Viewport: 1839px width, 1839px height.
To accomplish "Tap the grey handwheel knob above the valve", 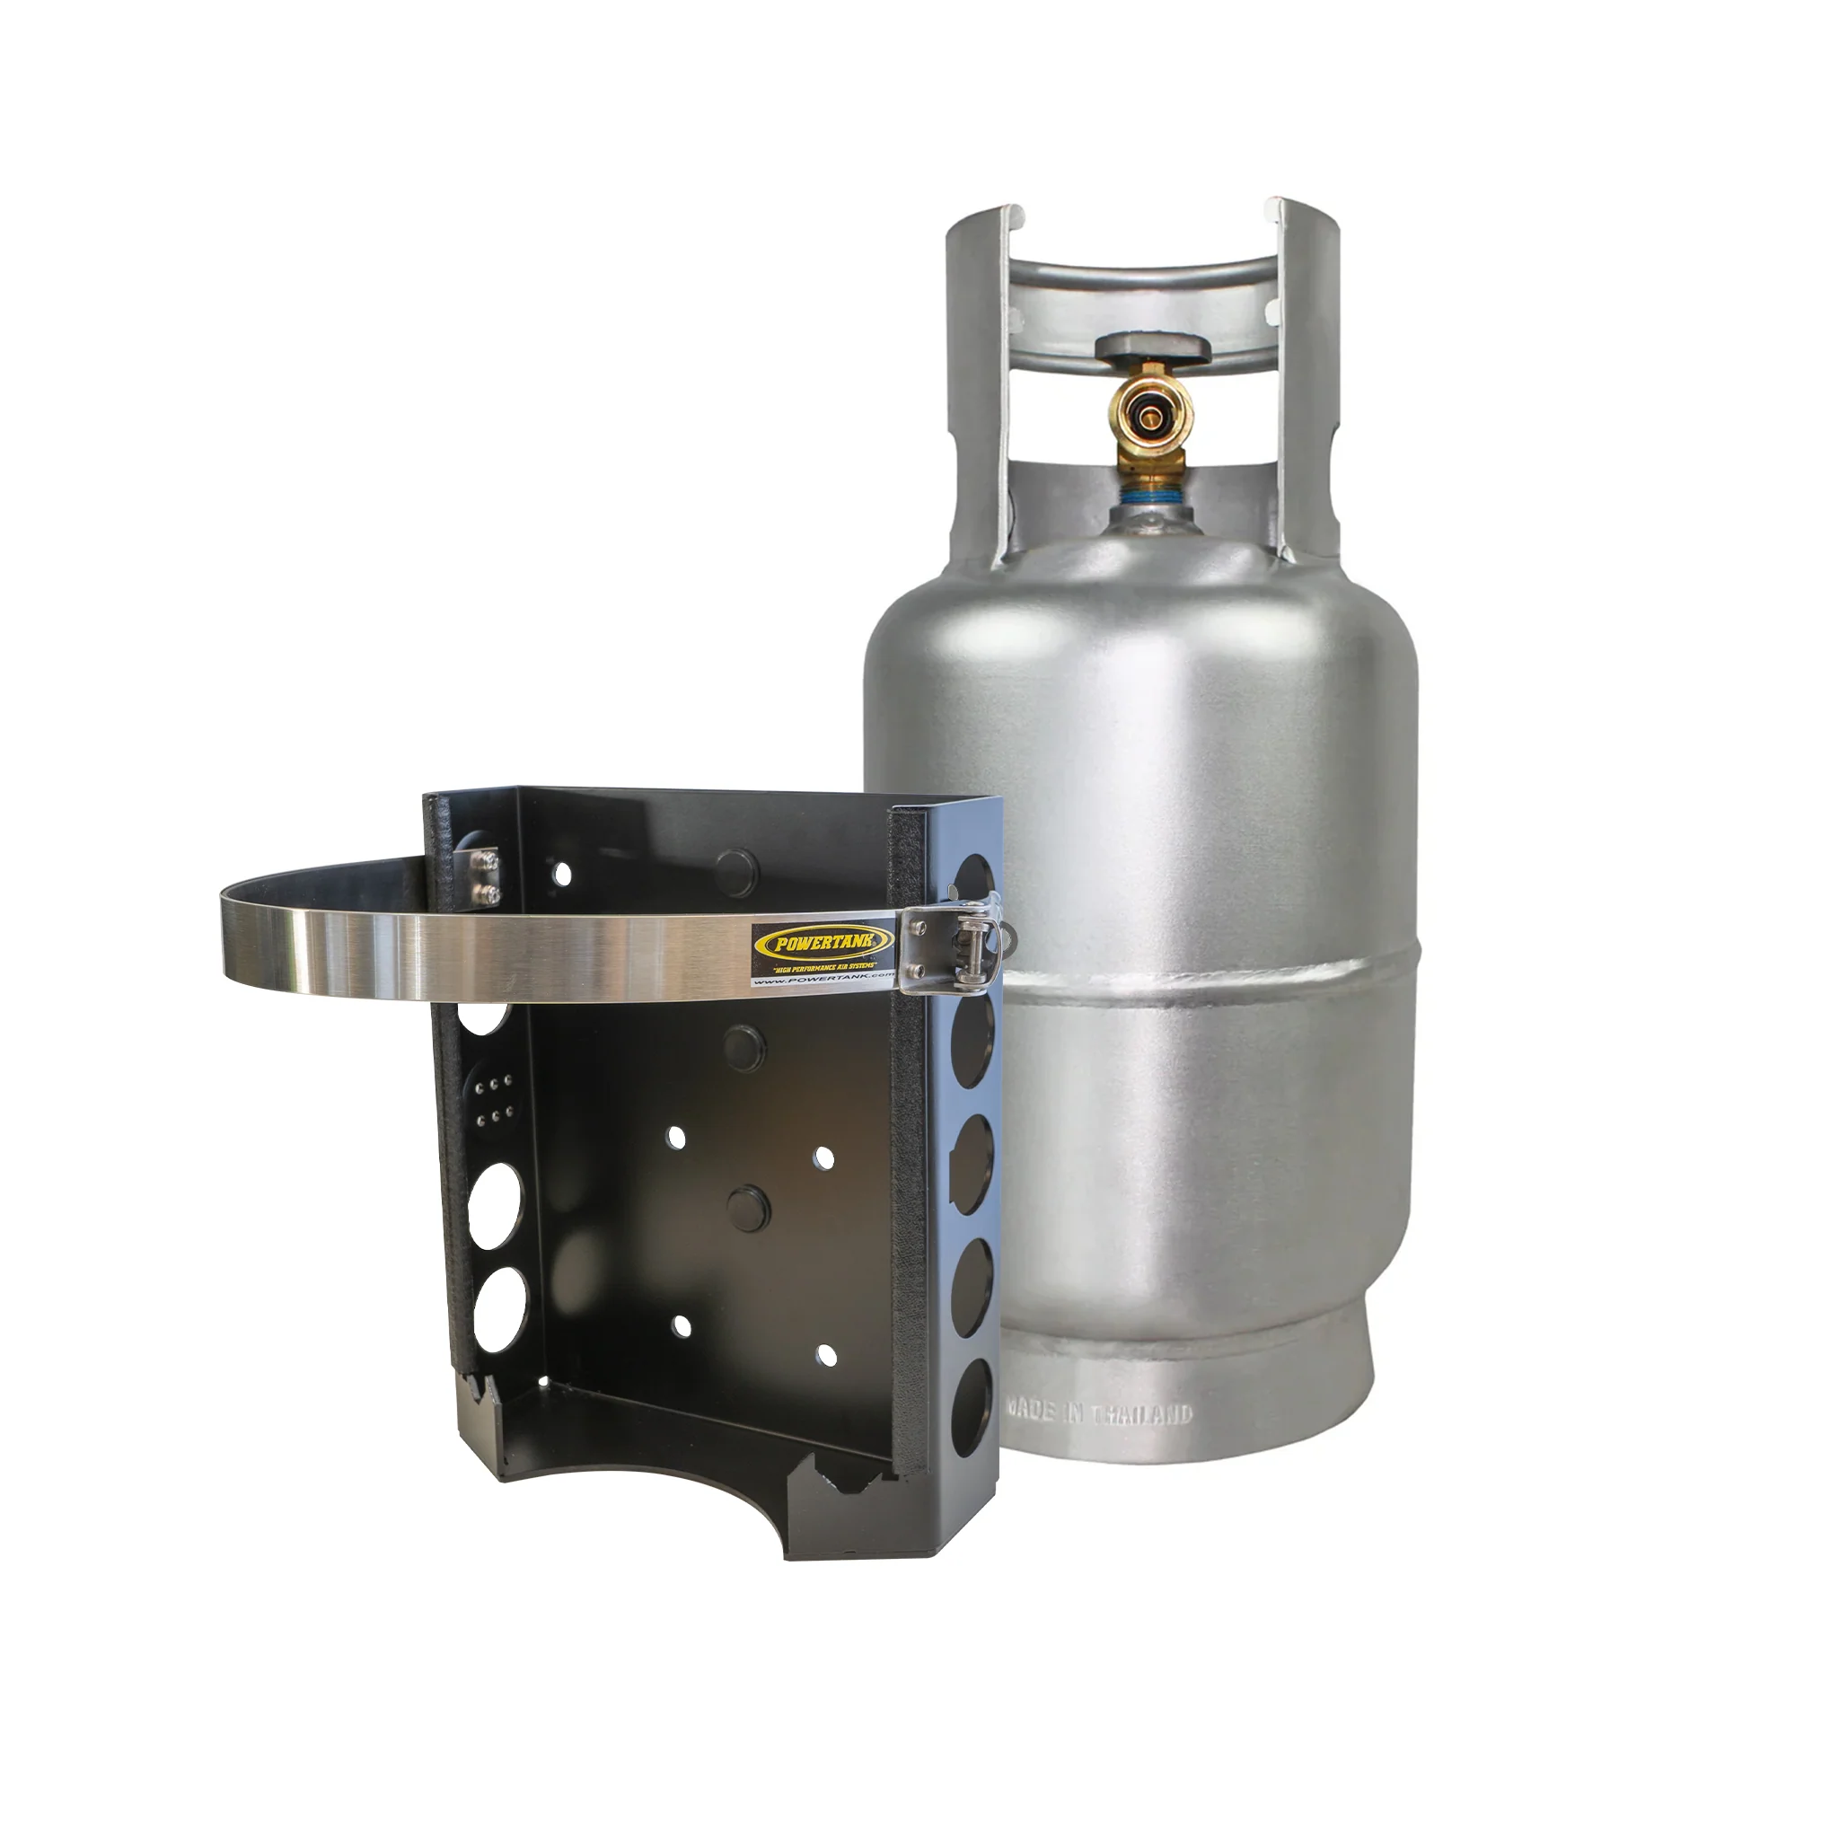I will [1153, 348].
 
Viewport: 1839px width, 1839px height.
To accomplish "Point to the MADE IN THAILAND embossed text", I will [1099, 1412].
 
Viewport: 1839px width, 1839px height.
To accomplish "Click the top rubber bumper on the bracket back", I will [735, 867].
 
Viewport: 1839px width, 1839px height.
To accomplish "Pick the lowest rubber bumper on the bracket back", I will [746, 1203].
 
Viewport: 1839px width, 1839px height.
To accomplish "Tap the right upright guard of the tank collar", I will [1309, 381].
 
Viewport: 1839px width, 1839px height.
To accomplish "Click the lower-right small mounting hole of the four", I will [826, 1355].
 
